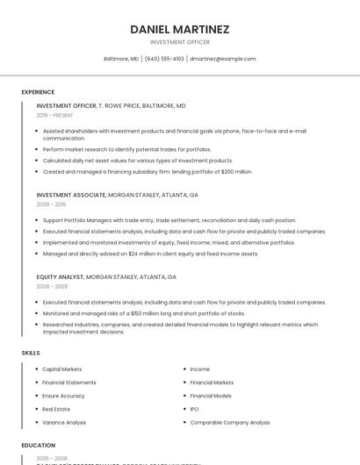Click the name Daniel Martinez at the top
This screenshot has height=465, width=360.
click(180, 29)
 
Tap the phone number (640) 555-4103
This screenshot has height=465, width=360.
click(164, 59)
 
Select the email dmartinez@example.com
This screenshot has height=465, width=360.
click(223, 59)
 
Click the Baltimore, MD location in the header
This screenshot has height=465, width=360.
click(121, 59)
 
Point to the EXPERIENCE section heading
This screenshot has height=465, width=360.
click(38, 92)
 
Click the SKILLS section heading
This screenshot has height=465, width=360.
click(31, 353)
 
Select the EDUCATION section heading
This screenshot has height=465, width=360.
click(39, 446)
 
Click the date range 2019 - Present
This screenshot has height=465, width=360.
click(54, 115)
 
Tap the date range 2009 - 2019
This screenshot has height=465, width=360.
click(50, 204)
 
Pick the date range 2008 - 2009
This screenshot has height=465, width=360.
click(52, 286)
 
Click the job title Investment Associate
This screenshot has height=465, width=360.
click(71, 195)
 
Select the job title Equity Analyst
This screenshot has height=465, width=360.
click(61, 276)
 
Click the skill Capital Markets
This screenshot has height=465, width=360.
click(62, 369)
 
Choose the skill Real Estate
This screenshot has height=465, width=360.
click(56, 409)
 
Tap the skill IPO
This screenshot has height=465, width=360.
click(194, 409)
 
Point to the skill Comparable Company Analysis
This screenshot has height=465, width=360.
click(230, 422)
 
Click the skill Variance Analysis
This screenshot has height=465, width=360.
click(64, 422)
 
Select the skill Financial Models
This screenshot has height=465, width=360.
click(211, 396)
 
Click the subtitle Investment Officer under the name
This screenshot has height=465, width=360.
click(180, 42)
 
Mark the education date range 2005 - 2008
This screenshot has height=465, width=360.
click(52, 458)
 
